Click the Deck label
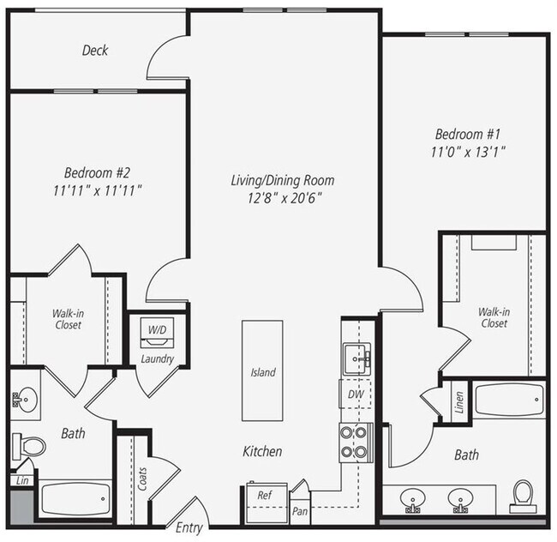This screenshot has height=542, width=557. point(95,51)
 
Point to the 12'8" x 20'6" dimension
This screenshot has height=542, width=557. point(282,198)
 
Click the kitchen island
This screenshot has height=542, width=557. point(262,370)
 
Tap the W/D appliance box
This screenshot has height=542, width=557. point(158,330)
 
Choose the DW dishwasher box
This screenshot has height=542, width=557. point(355,395)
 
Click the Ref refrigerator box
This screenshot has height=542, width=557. point(265,496)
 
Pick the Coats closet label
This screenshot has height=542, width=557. point(141,479)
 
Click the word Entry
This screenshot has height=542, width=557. point(189,528)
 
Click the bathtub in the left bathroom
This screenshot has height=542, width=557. point(75,498)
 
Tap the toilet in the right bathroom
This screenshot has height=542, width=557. point(522,496)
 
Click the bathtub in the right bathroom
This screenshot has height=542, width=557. point(509,400)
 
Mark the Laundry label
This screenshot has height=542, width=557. point(158,358)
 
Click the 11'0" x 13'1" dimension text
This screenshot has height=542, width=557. point(470,153)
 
